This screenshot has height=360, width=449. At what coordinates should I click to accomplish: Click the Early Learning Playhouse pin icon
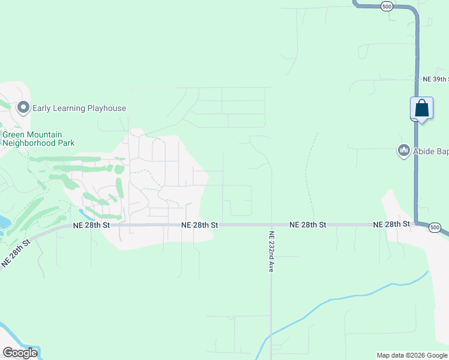(24, 108)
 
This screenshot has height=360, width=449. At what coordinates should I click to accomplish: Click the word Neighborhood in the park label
(29, 143)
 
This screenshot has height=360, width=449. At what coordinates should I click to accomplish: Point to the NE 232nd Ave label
(272, 252)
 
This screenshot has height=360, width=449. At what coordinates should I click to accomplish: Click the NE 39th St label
(435, 79)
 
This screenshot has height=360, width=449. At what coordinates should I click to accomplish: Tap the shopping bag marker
(422, 109)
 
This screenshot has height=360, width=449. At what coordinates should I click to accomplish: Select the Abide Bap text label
(430, 151)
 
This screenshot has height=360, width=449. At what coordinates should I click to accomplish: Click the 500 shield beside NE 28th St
(436, 227)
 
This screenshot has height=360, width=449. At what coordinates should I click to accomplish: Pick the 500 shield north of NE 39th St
(387, 6)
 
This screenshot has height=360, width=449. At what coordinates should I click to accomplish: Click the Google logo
(20, 353)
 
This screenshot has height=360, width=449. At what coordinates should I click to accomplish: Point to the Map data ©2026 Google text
(412, 355)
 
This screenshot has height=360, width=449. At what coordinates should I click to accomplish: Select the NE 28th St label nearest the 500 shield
(391, 224)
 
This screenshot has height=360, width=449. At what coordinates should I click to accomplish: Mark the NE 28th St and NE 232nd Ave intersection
(271, 225)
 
